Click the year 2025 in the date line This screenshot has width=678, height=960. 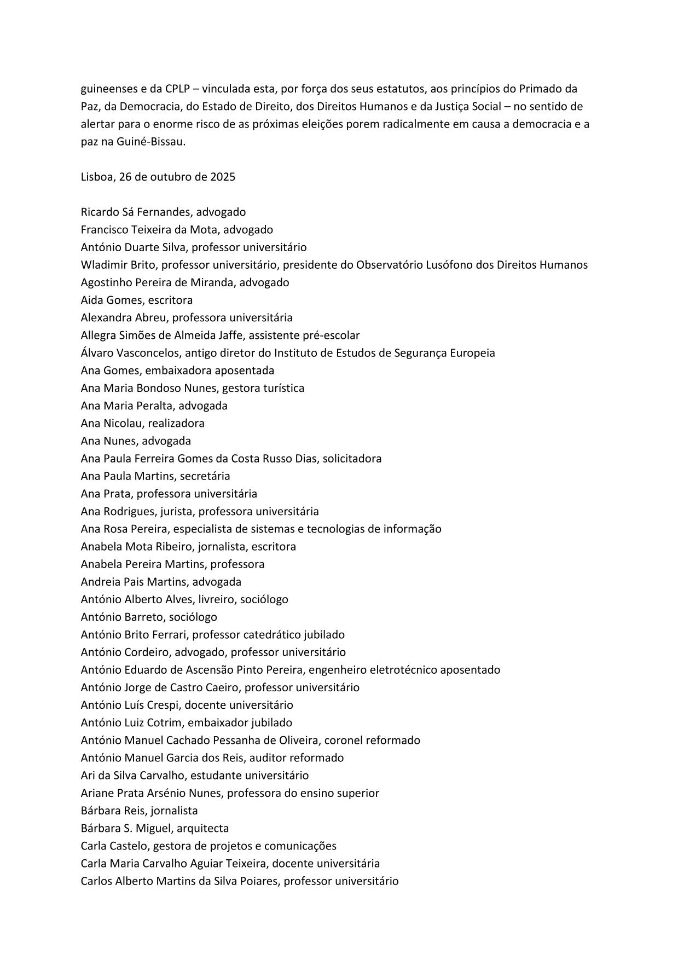223,177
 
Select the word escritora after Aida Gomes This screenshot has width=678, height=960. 170,300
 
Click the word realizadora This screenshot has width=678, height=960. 175,423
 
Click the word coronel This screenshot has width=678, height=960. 343,740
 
